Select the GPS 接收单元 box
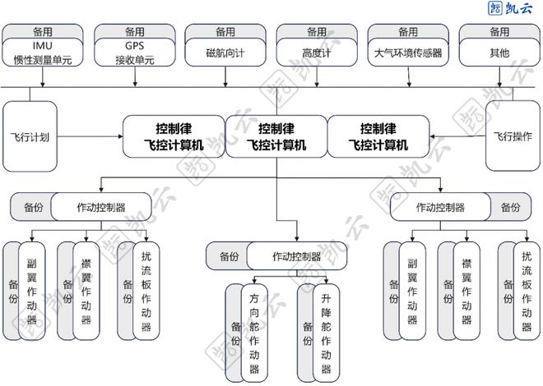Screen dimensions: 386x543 [x=135, y=53]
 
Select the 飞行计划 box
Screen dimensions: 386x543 [x=32, y=136]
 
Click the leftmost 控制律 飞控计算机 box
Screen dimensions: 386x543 [x=174, y=136]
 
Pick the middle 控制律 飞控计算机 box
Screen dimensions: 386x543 [x=276, y=136]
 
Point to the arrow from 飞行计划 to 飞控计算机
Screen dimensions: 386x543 [x=91, y=136]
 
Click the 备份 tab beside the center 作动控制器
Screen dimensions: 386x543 [x=229, y=257]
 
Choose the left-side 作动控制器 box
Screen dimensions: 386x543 [x=101, y=208]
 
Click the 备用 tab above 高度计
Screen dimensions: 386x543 [x=317, y=31]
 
